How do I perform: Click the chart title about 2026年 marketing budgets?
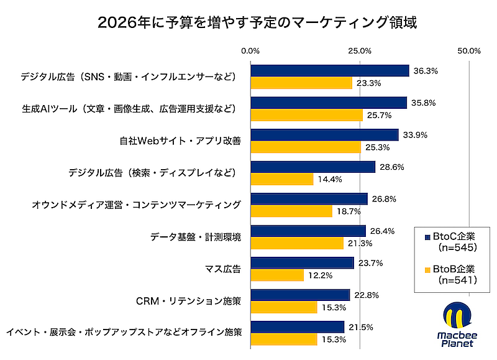[x=248, y=23]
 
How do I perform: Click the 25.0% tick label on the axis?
[x=360, y=50]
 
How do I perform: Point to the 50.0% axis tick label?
[x=468, y=50]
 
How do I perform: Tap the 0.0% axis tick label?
[x=250, y=50]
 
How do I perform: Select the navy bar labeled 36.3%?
[x=329, y=71]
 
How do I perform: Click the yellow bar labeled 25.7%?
[x=306, y=115]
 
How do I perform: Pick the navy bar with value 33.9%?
[x=324, y=135]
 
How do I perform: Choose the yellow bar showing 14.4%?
[x=281, y=179]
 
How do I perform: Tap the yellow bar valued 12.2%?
[x=277, y=275]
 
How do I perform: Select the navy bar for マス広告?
[x=302, y=263]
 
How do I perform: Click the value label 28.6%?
[x=391, y=167]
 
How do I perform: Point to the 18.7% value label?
[x=348, y=211]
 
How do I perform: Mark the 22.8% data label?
[x=366, y=295]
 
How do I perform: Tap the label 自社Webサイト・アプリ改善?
[x=180, y=141]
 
